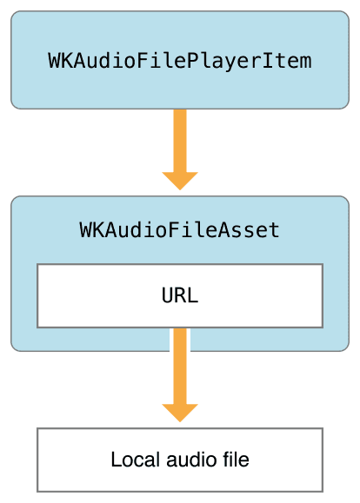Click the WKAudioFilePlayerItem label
180,61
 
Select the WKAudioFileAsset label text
179,229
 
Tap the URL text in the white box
180,295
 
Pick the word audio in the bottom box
191,460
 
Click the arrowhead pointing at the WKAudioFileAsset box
180,181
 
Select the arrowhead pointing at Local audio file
180,414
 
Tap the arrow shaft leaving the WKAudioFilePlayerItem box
180,141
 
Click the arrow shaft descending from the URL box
180,366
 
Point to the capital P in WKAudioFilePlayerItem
192,60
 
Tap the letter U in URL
168,295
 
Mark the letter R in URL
180,295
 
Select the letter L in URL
193,295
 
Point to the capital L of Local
116,460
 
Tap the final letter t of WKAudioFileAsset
275,230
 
